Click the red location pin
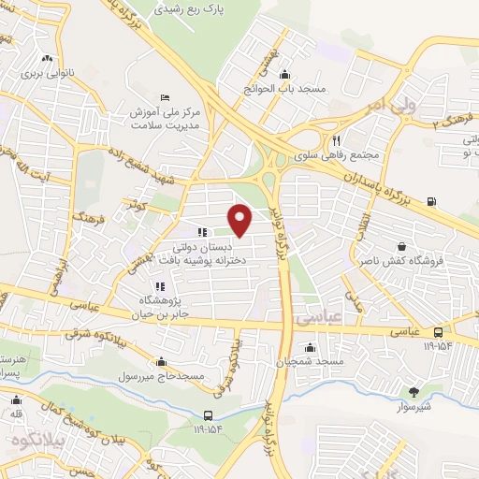point(241,220)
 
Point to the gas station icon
point(430,201)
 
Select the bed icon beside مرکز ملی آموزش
point(166,97)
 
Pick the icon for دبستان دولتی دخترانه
point(200,232)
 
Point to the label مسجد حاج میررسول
point(162,375)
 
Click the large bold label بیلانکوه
point(32,438)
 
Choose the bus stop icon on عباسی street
point(439,332)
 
